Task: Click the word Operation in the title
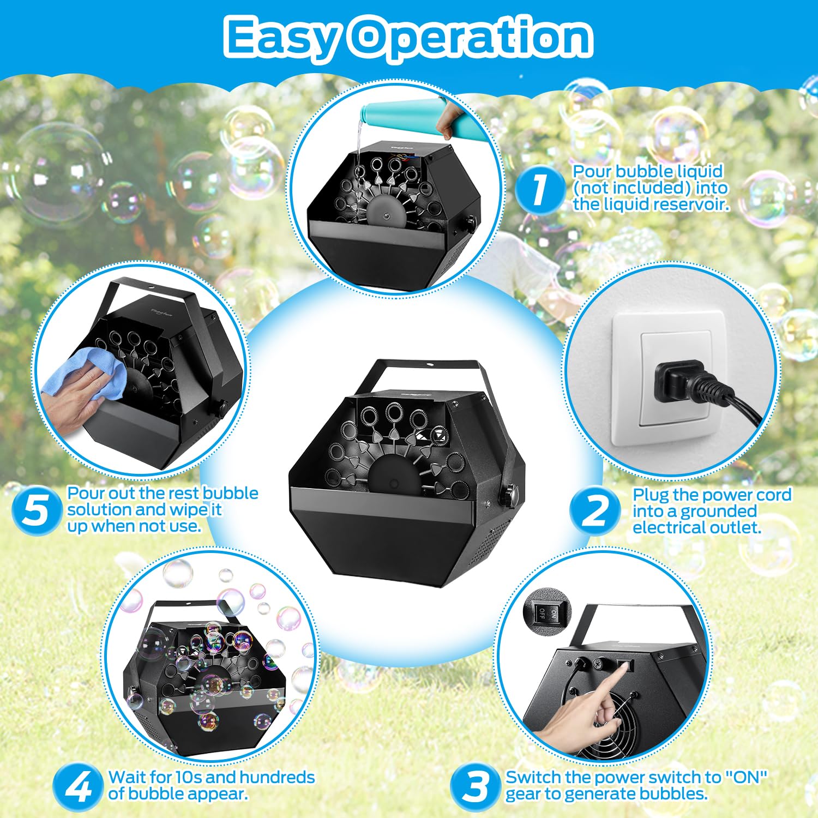(472, 37)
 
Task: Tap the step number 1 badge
(539, 189)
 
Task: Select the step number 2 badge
(595, 511)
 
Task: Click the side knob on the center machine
(509, 494)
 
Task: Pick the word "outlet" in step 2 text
(733, 528)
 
